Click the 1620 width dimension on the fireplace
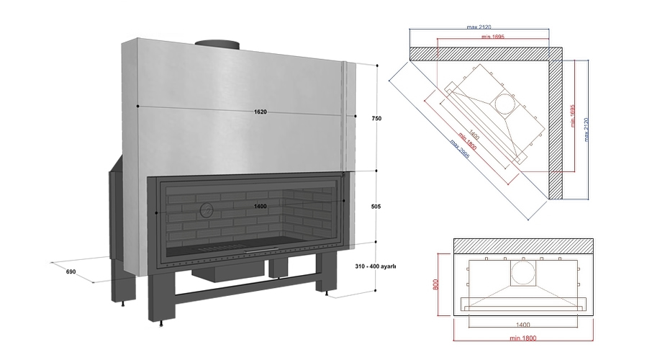click(260, 112)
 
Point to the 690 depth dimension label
click(71, 271)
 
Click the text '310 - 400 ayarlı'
click(376, 266)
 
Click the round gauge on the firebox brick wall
click(206, 210)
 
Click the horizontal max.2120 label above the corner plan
click(481, 27)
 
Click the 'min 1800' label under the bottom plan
click(523, 336)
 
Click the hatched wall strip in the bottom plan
click(523, 246)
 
